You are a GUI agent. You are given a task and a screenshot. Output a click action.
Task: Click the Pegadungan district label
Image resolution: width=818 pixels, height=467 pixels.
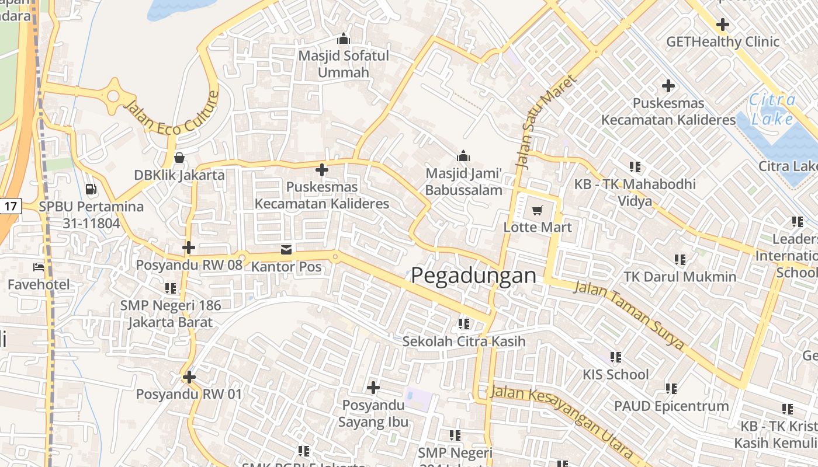click(473, 275)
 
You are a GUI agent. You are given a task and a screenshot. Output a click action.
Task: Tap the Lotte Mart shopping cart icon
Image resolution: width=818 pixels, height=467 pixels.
click(537, 210)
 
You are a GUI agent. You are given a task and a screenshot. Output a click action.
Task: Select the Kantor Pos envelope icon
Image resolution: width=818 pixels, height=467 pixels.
click(286, 250)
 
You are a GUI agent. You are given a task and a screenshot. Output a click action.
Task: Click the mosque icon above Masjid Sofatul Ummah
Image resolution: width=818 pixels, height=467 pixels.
click(344, 39)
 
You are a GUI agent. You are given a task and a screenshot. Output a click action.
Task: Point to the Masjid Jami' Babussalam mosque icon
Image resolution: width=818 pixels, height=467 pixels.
click(463, 156)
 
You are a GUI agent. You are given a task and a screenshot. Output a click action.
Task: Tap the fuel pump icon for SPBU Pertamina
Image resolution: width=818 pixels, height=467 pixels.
click(91, 189)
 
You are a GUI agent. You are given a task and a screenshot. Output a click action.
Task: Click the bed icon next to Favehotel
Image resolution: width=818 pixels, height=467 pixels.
click(39, 267)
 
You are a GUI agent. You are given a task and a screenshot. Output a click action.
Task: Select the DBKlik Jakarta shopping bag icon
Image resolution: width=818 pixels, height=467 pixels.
click(179, 158)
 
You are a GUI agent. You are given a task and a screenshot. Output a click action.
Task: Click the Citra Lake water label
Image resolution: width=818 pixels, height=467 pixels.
click(772, 109)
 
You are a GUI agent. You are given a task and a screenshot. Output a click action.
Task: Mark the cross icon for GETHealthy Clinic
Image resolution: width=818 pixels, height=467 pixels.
click(723, 25)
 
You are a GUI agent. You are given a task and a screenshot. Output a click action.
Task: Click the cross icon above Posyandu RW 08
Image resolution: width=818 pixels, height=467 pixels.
click(188, 248)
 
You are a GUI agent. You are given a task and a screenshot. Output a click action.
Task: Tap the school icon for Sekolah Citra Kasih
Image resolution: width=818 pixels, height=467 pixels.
click(464, 323)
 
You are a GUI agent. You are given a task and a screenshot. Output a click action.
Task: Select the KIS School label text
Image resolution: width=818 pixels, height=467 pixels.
click(616, 374)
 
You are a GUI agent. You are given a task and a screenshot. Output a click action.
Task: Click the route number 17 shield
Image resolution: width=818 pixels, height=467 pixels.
click(11, 205)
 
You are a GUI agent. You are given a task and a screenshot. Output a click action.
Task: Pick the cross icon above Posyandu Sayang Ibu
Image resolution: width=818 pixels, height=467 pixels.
click(373, 387)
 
